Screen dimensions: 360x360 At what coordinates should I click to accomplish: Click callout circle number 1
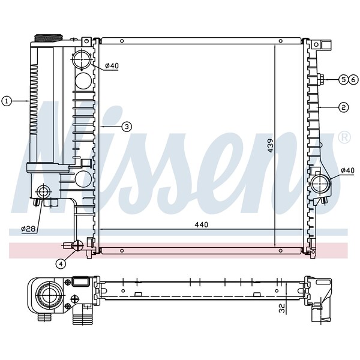[7, 101]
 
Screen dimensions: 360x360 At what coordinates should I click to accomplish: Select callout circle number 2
[343, 108]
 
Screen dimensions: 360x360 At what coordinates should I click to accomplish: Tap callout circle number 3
[127, 127]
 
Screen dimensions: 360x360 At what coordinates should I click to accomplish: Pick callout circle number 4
[61, 263]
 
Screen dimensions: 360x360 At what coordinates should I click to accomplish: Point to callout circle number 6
[352, 79]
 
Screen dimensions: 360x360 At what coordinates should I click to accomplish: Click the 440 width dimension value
[201, 225]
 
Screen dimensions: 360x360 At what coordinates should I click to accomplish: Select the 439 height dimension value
[271, 146]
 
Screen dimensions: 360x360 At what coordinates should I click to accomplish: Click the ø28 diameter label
[28, 229]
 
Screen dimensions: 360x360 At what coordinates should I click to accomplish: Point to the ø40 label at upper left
[111, 66]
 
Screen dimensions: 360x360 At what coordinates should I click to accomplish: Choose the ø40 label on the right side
[347, 171]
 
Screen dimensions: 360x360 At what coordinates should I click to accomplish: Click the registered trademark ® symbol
[345, 138]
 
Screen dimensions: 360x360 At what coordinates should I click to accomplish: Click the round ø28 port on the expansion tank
[44, 192]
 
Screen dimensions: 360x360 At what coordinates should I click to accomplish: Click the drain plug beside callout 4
[76, 245]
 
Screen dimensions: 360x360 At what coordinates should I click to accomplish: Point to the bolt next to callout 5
[323, 79]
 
